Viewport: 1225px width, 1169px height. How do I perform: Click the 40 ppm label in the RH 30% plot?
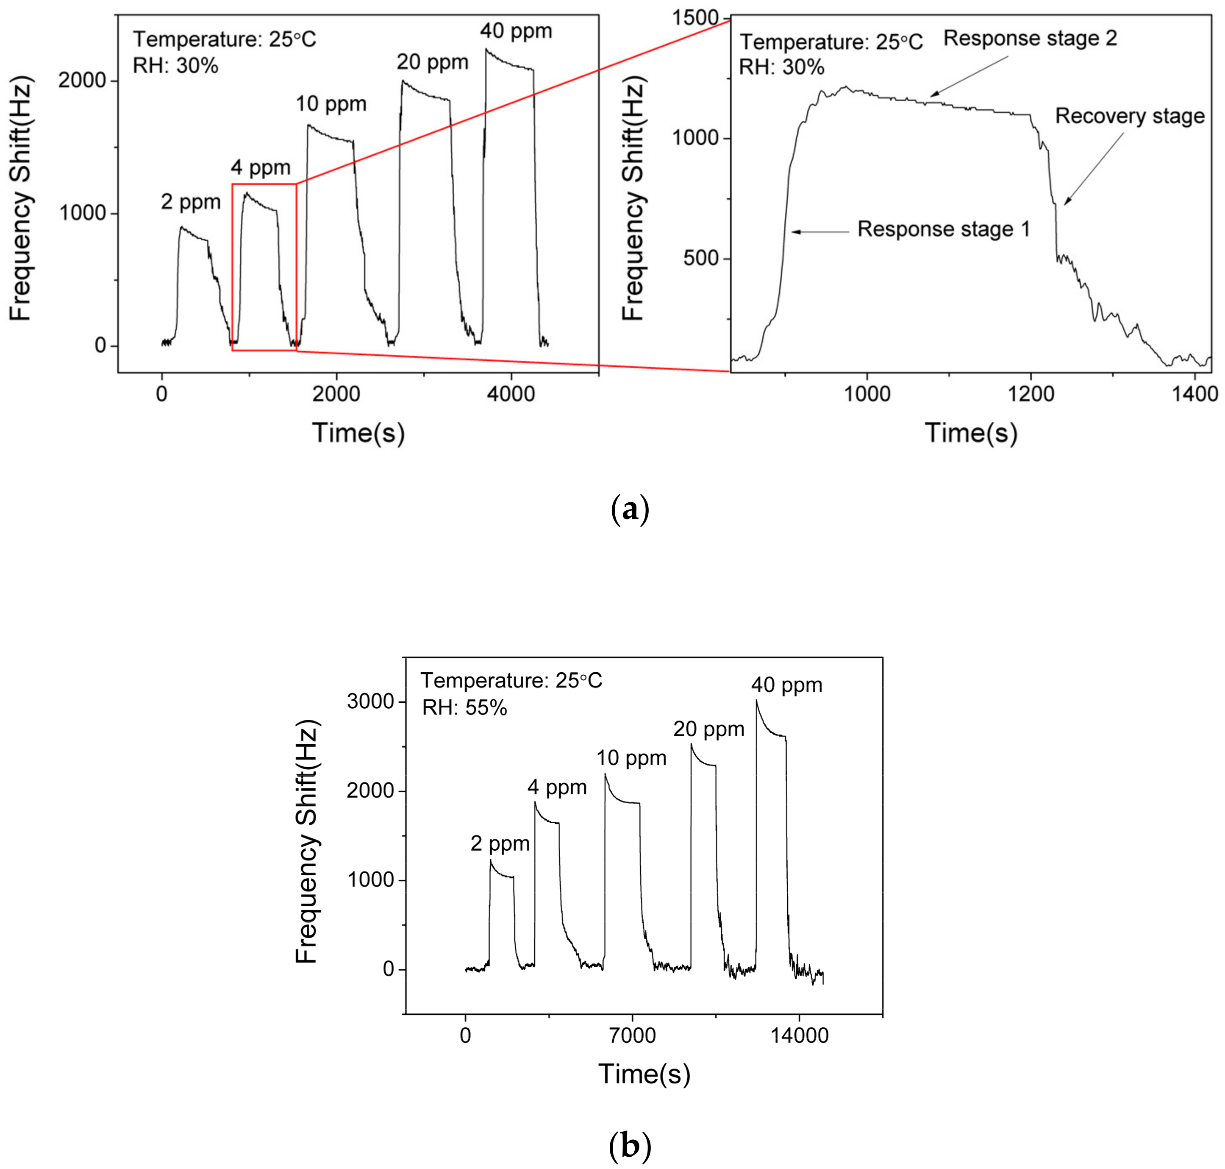pyautogui.click(x=516, y=31)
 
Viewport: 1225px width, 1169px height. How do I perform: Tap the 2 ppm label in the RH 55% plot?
pyautogui.click(x=500, y=844)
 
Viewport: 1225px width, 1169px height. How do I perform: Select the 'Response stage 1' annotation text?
pyautogui.click(x=943, y=229)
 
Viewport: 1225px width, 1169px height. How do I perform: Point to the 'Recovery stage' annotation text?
pyautogui.click(x=1130, y=117)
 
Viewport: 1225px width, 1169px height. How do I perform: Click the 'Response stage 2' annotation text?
pyautogui.click(x=1030, y=39)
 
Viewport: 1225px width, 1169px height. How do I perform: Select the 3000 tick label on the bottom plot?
pyautogui.click(x=370, y=701)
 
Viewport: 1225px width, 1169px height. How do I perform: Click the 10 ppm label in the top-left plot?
pyautogui.click(x=331, y=104)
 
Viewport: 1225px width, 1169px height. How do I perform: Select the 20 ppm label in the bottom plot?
pyautogui.click(x=708, y=729)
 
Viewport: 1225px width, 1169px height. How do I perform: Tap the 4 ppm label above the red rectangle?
pyautogui.click(x=261, y=167)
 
